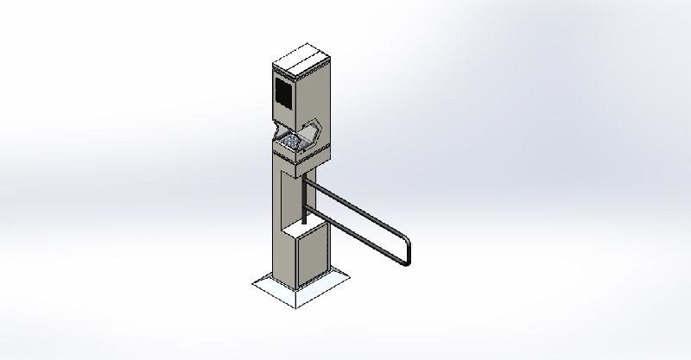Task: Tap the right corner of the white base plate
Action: coord(346,275)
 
